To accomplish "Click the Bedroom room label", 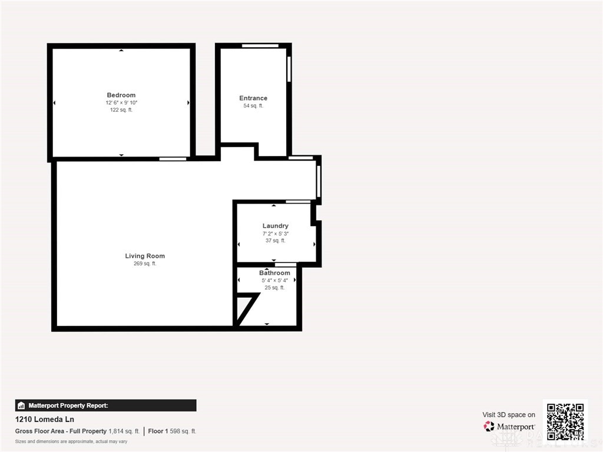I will pyautogui.click(x=121, y=95).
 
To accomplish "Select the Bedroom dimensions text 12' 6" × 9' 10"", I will pyautogui.click(x=121, y=103).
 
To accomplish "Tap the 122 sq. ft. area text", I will pyautogui.click(x=121, y=110).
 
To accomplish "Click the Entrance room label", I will pyautogui.click(x=253, y=98).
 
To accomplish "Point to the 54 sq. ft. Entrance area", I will pyautogui.click(x=253, y=106).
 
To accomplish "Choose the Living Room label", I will pyautogui.click(x=145, y=256).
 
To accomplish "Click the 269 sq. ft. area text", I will pyautogui.click(x=145, y=264).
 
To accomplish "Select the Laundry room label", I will pyautogui.click(x=276, y=226).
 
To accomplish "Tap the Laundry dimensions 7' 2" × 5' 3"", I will pyautogui.click(x=276, y=234).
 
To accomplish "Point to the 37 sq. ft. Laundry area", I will pyautogui.click(x=276, y=241).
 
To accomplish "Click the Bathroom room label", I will pyautogui.click(x=274, y=273).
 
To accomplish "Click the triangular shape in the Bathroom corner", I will pyautogui.click(x=244, y=307).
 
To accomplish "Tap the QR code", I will pyautogui.click(x=565, y=421).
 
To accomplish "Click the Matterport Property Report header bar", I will pyautogui.click(x=105, y=406).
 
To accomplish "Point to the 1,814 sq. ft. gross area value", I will pyautogui.click(x=124, y=431).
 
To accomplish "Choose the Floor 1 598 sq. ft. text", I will pyautogui.click(x=173, y=431).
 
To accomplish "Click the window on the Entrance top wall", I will pyautogui.click(x=260, y=46).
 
